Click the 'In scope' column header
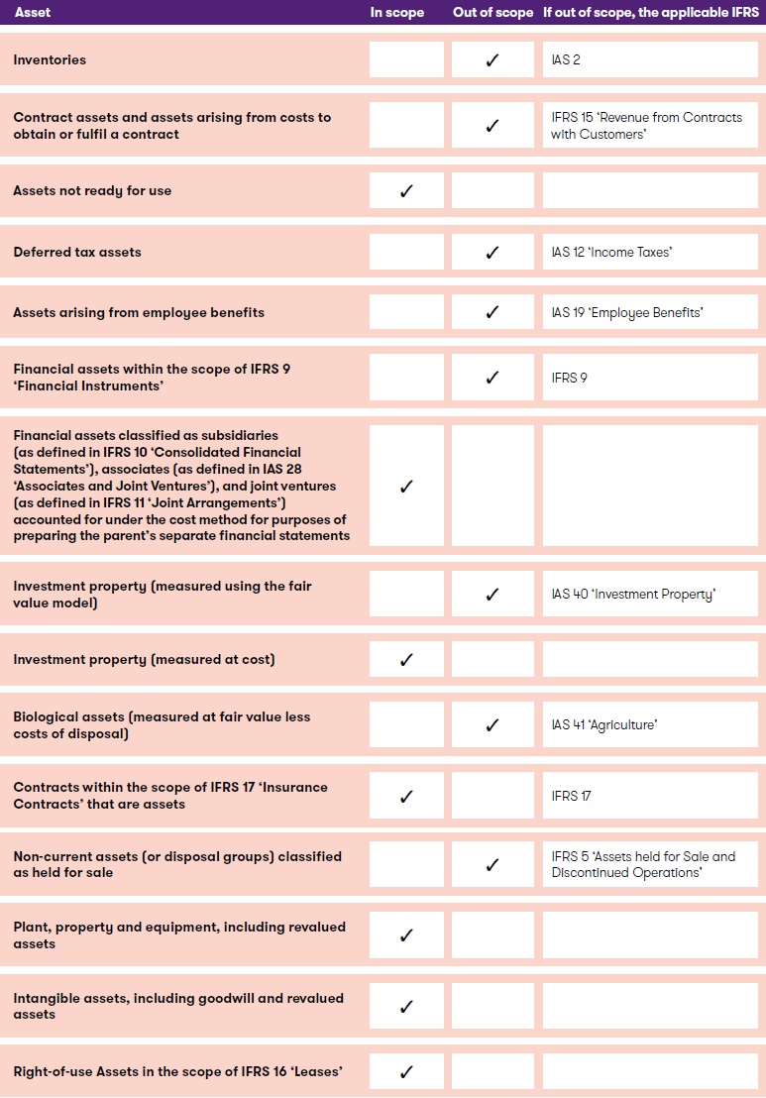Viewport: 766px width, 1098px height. click(396, 13)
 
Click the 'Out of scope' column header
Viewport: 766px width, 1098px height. click(492, 13)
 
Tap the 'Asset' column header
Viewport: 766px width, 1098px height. click(33, 13)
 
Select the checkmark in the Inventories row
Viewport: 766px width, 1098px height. click(492, 60)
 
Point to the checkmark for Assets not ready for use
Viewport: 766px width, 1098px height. click(406, 191)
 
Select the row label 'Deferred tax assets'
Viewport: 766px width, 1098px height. click(77, 253)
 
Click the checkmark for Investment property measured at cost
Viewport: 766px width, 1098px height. click(406, 660)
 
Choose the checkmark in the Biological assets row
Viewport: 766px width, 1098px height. click(492, 725)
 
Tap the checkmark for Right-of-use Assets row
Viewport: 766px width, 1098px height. click(406, 1072)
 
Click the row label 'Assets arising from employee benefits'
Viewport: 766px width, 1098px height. click(139, 313)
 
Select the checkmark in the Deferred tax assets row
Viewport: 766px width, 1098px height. click(492, 253)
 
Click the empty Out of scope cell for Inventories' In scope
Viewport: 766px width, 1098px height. click(406, 60)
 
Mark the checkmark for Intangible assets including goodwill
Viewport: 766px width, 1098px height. click(406, 1007)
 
